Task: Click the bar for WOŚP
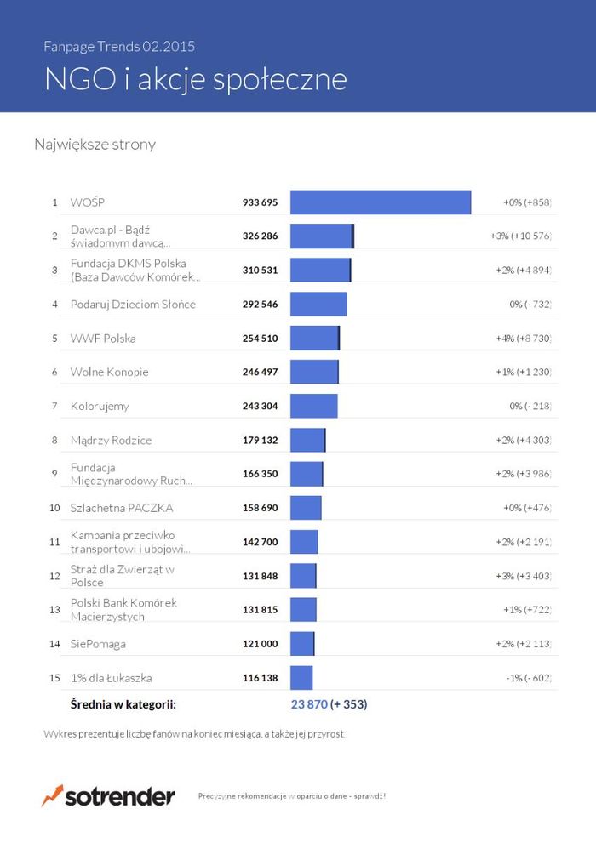(381, 202)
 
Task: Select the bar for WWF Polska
(315, 339)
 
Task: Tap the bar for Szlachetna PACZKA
(306, 508)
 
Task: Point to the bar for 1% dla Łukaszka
(301, 678)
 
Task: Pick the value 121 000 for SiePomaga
(261, 644)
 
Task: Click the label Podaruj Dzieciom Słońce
(133, 305)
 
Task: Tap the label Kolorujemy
(100, 407)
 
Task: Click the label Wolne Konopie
(109, 373)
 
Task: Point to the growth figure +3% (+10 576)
(521, 236)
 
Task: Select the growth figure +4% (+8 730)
(524, 339)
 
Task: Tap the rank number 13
(54, 610)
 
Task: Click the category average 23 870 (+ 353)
(330, 704)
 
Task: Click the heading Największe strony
(95, 145)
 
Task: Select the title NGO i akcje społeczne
(196, 79)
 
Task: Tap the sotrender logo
(108, 797)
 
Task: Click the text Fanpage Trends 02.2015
(124, 46)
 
